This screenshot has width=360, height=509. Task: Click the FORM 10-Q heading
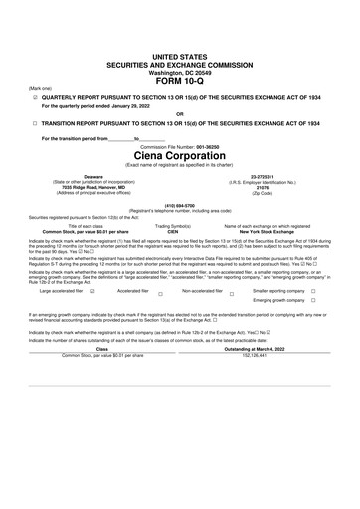point(179,53)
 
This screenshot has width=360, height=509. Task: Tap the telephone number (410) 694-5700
point(179,206)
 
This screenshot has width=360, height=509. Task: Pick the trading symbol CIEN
point(172,231)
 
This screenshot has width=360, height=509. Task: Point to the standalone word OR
point(179,112)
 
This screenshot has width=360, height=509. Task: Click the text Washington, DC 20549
point(179,44)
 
